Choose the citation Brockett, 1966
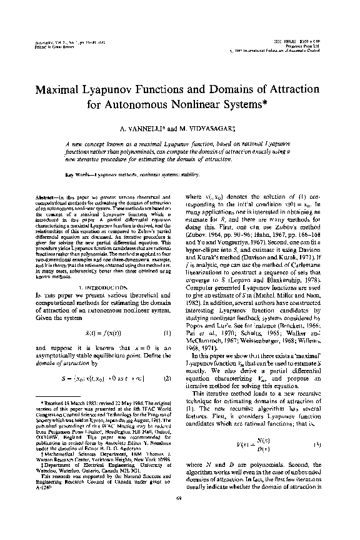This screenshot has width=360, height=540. tap(302, 329)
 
